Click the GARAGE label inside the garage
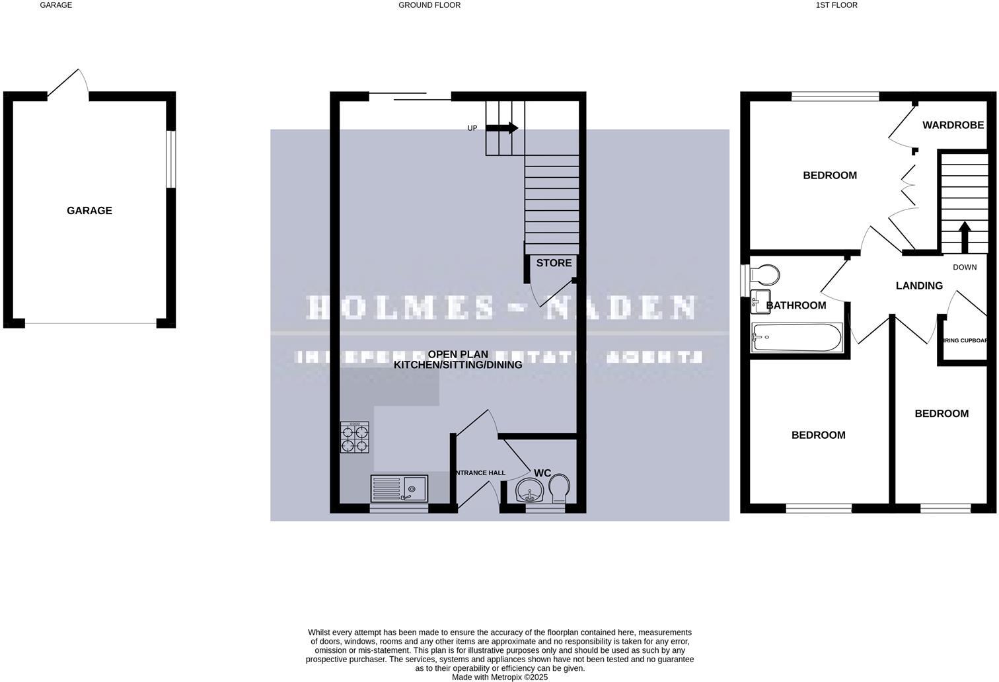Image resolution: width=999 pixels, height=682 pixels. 89,211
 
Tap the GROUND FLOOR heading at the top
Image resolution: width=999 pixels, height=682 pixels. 429,5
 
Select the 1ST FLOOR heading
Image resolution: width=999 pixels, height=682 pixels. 836,5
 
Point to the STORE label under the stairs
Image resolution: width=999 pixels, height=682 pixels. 554,263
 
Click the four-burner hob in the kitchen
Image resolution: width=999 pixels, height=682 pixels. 355,437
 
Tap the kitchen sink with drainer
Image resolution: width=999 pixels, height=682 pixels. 400,489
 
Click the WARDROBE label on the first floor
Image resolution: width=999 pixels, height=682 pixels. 953,125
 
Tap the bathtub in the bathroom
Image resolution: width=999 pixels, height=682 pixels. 797,338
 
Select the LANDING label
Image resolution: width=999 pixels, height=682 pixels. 919,285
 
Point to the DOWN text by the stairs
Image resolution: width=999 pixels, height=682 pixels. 965,268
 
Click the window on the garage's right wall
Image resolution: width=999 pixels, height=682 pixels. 170,159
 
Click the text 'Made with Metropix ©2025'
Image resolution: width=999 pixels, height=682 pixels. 499,677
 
